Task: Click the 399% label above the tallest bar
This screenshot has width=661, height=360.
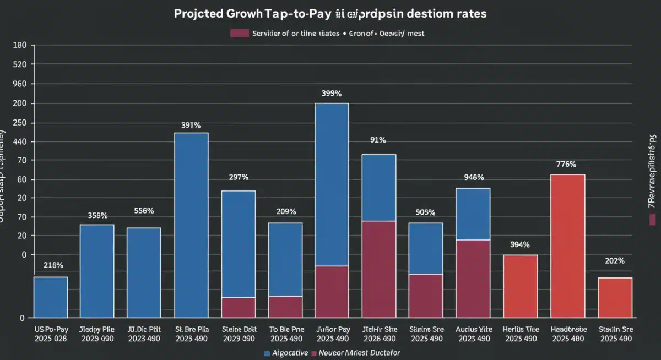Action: tap(332, 94)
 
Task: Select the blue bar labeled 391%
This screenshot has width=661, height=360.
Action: tap(191, 225)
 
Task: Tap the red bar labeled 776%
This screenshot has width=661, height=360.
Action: tap(567, 246)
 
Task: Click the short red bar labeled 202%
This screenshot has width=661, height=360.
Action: tap(615, 297)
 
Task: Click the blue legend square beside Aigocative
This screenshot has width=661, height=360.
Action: tap(267, 352)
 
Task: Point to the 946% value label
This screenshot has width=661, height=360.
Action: tap(474, 177)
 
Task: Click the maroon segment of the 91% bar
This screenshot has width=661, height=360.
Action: tap(378, 269)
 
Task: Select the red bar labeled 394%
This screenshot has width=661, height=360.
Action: tap(520, 286)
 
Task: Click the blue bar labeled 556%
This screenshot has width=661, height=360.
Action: tap(144, 272)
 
